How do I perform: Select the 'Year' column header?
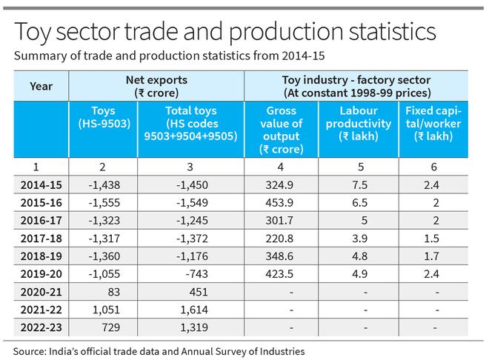click(x=41, y=86)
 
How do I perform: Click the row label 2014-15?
click(x=41, y=184)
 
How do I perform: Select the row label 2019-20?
click(x=41, y=273)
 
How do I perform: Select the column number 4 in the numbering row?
click(x=281, y=167)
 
